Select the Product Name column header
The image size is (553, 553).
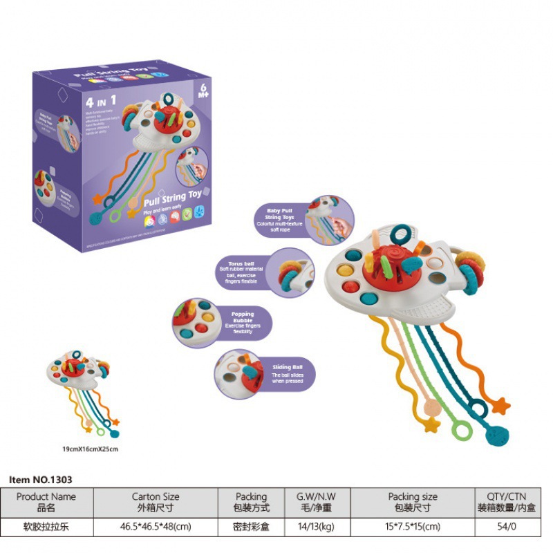[x=46, y=502]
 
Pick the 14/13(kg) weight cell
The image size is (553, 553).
[x=315, y=525]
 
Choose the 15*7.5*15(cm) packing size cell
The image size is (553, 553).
[x=413, y=525]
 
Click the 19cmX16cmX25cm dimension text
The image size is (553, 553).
[x=91, y=449]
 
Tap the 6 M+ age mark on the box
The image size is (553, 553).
[x=204, y=91]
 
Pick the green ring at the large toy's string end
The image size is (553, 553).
[x=460, y=430]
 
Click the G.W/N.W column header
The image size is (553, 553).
[x=315, y=502]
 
